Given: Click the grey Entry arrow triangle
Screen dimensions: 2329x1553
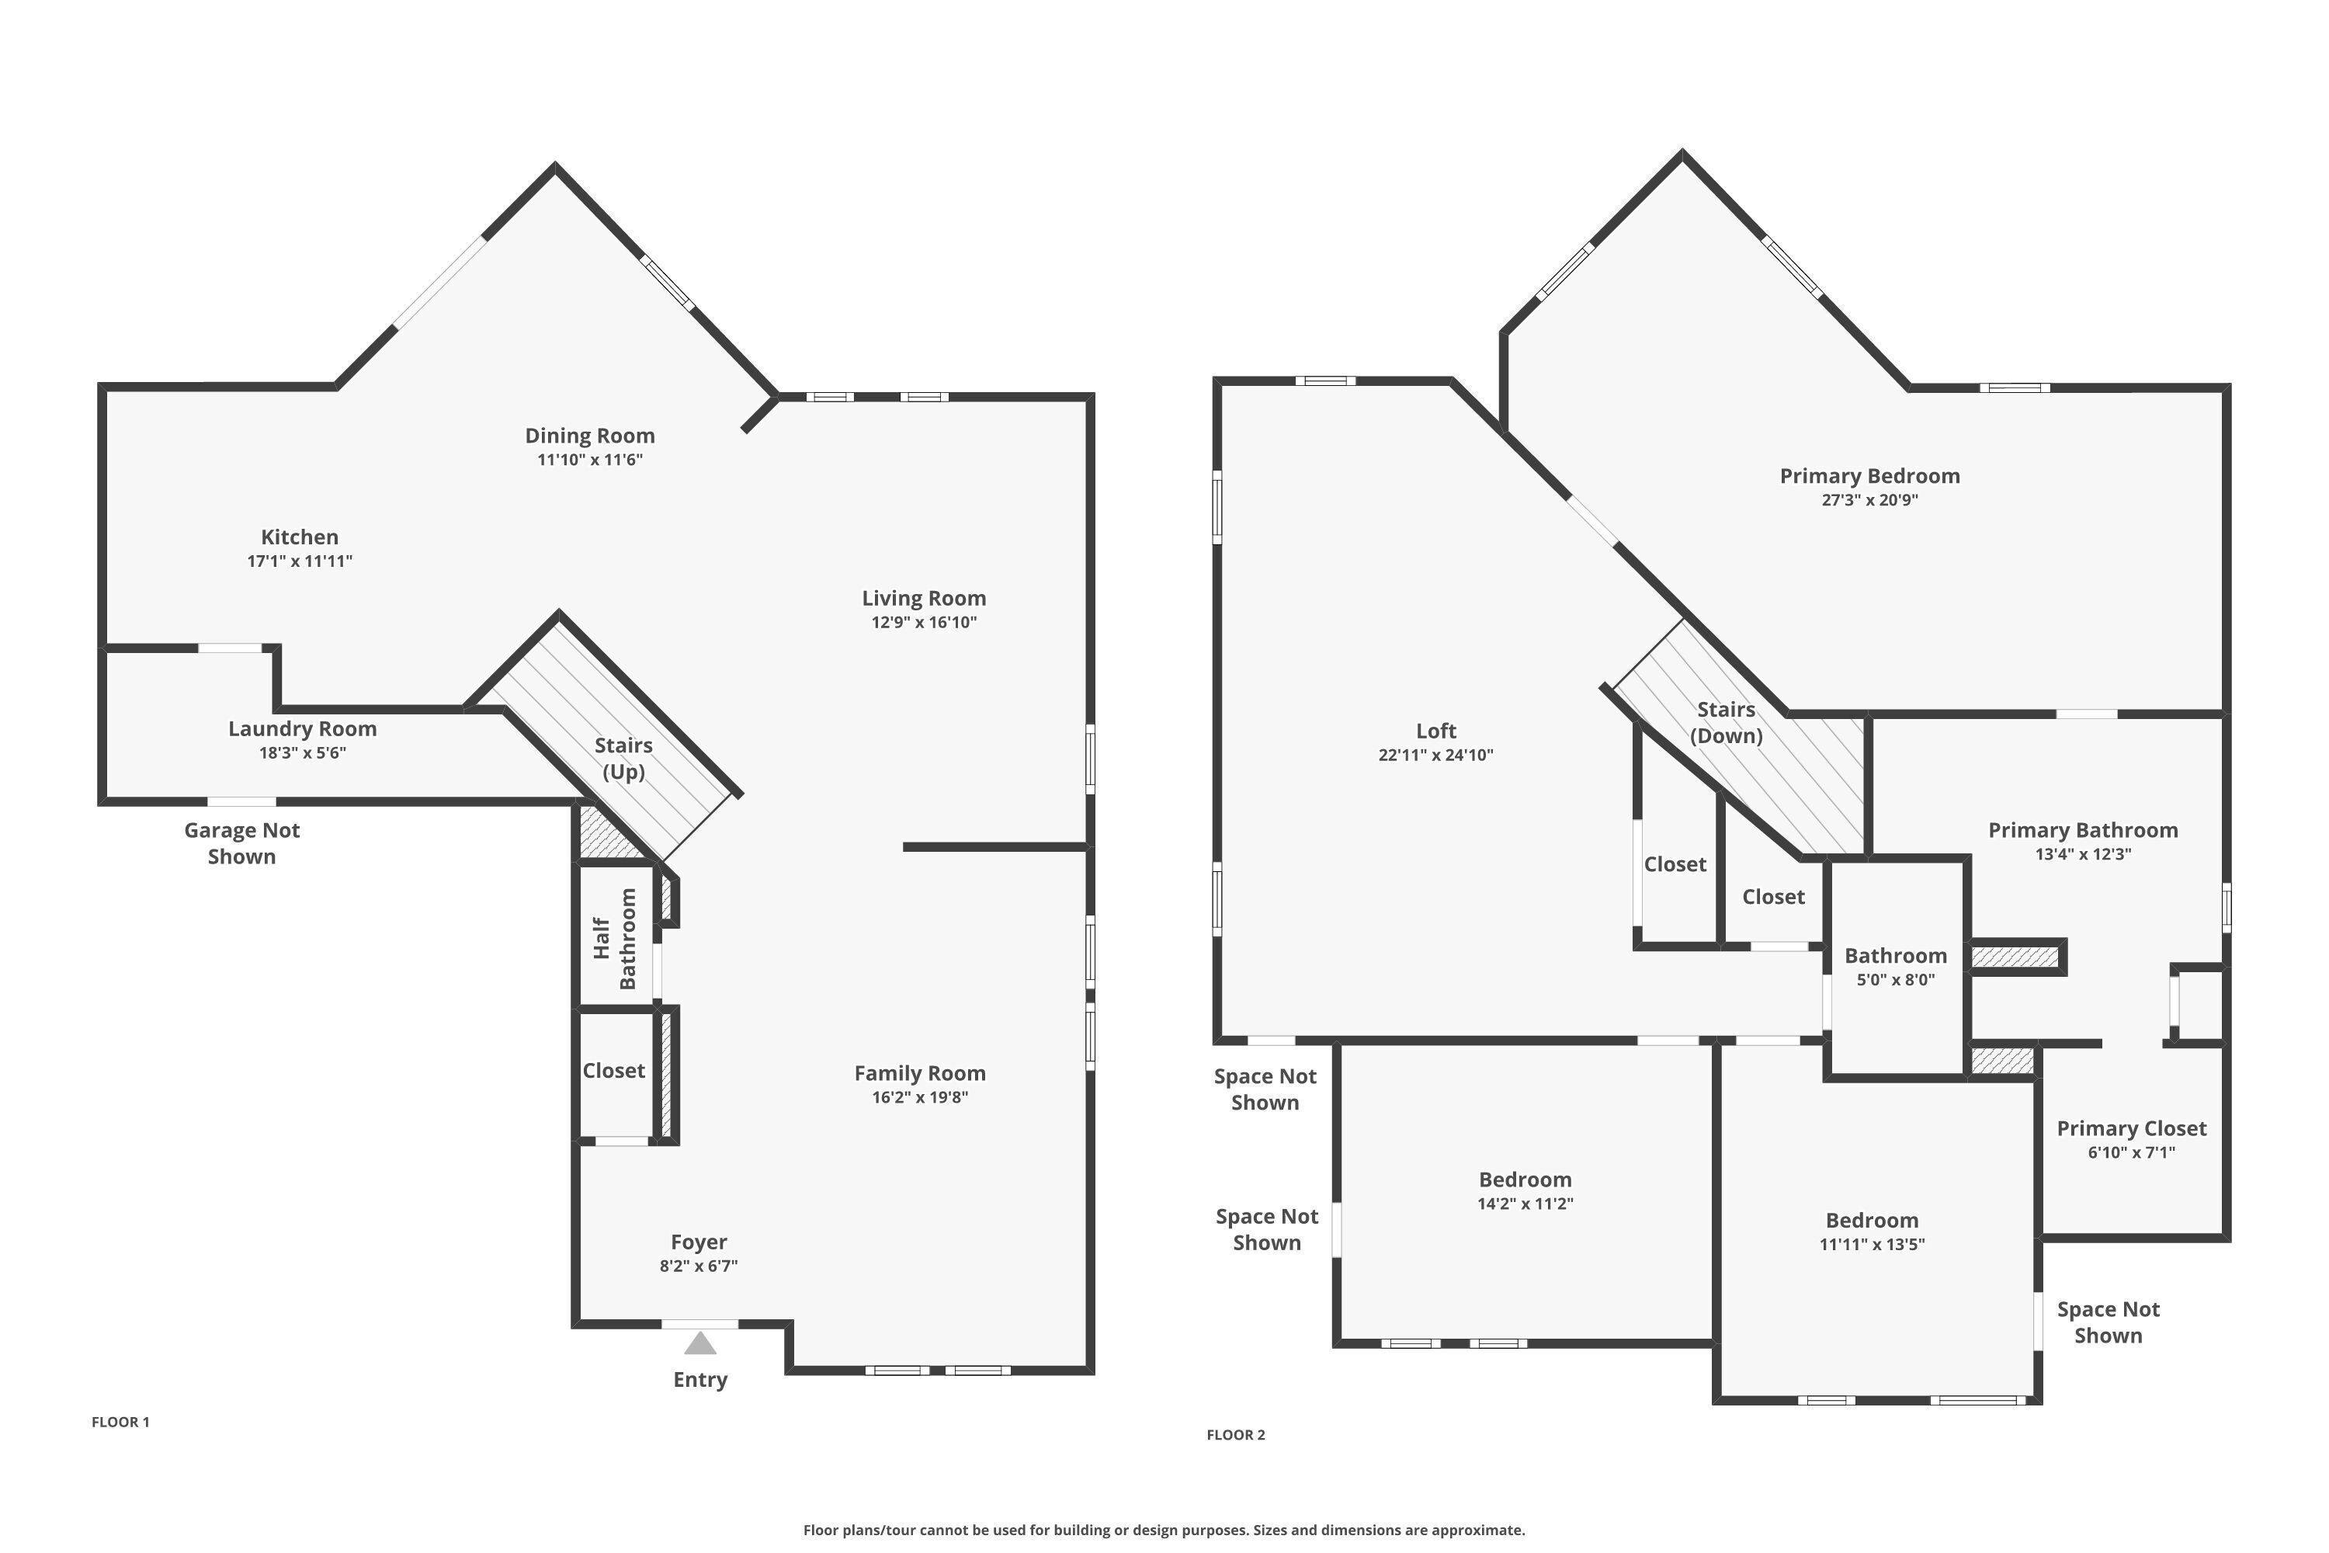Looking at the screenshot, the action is [700, 1343].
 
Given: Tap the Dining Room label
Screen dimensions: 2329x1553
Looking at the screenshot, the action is [590, 436].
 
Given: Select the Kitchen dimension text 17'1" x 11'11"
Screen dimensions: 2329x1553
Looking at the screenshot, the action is [300, 561].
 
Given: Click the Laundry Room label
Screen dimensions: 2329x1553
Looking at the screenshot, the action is [302, 729].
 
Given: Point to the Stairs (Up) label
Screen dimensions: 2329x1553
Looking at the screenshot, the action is [624, 758].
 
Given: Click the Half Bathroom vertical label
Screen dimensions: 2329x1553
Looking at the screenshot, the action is [614, 938].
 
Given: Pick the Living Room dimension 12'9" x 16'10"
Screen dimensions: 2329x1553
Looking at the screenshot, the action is [924, 622].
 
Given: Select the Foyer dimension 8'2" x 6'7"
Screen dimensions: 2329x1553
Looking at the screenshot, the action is [699, 1265].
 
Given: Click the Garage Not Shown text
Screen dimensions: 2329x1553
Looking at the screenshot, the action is [241, 843].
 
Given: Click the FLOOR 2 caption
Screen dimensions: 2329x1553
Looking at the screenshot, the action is [1236, 1434].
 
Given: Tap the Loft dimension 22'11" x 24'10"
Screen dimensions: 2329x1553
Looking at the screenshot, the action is [1435, 755].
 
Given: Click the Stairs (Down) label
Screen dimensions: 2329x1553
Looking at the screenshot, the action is [1726, 722].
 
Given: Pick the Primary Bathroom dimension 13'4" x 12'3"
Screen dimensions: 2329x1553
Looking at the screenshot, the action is [2084, 853].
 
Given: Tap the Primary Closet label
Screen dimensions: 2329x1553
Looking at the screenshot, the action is [2131, 1128].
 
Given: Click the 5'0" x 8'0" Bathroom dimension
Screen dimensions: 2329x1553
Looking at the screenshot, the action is [1895, 979].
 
